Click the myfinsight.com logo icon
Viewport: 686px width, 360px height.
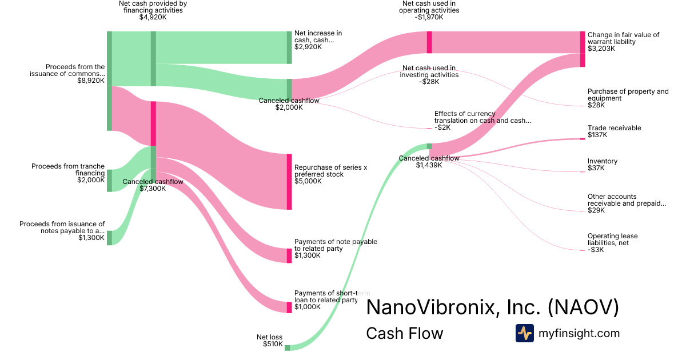[x=525, y=333]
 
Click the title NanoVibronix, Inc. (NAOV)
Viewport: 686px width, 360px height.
[x=492, y=307]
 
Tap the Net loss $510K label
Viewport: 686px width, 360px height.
[x=269, y=341]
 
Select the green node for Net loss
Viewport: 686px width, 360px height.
[x=287, y=348]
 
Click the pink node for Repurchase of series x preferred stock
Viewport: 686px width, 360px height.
[x=289, y=182]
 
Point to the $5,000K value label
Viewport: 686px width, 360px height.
[x=308, y=181]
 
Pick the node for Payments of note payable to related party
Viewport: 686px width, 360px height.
[x=289, y=255]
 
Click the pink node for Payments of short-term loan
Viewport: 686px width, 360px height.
[x=289, y=307]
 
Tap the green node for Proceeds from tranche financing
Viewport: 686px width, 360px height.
[x=109, y=181]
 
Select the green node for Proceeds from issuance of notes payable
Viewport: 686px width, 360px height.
[x=109, y=238]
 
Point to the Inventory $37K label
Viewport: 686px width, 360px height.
[x=603, y=165]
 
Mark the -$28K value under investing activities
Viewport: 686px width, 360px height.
[x=429, y=82]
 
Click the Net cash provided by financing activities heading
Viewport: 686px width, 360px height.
[x=153, y=7]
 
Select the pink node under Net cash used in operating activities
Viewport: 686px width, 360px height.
[x=429, y=42]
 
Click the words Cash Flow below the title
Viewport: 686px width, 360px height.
[x=405, y=333]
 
